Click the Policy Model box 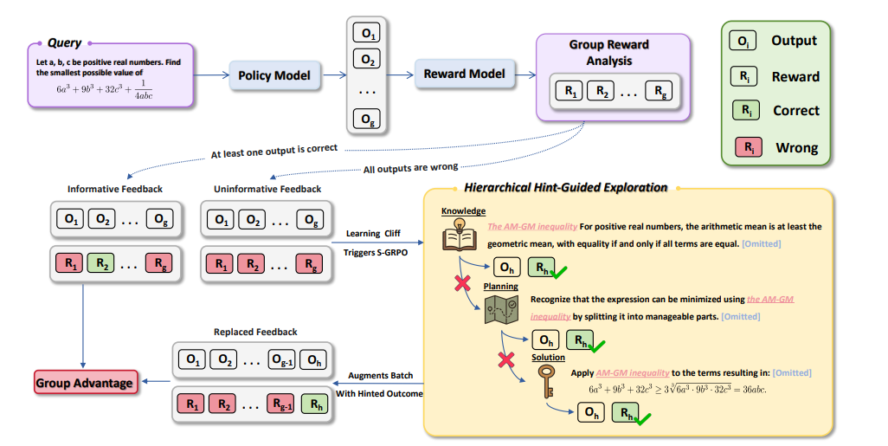(x=274, y=75)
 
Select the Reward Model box (x=463, y=74)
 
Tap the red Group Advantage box (x=84, y=382)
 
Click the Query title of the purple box (x=65, y=43)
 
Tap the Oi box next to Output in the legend (x=744, y=41)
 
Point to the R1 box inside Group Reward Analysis (x=569, y=91)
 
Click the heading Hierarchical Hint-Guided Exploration (x=566, y=187)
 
